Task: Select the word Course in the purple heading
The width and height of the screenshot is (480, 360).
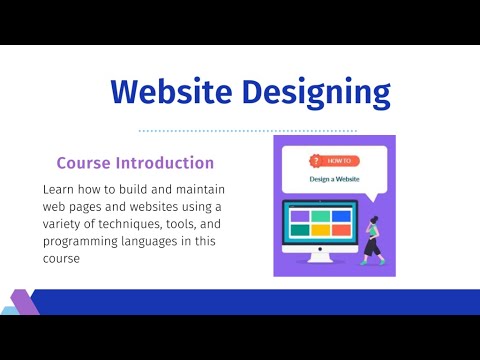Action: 87,162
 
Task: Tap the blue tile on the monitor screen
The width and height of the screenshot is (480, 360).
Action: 341,215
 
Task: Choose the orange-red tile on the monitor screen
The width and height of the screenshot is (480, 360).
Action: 341,229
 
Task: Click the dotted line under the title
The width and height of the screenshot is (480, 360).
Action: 247,130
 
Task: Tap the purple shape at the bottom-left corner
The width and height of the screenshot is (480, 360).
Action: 22,301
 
